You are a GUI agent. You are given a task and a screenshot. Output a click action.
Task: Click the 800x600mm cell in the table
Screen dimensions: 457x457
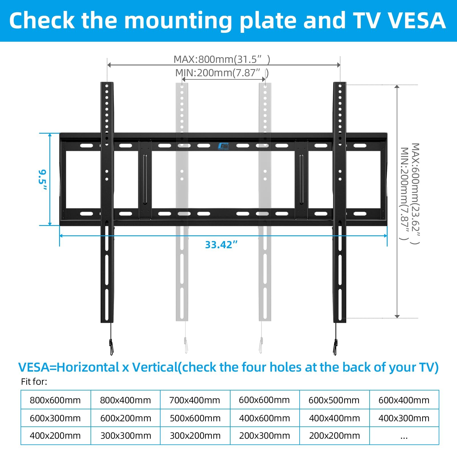click(x=55, y=400)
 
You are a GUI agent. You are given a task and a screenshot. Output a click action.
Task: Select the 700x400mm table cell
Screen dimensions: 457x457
click(x=195, y=400)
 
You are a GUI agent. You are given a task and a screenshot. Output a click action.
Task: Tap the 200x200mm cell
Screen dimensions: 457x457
click(x=334, y=436)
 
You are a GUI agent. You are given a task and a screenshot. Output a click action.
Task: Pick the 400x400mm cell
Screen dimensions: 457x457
click(x=334, y=418)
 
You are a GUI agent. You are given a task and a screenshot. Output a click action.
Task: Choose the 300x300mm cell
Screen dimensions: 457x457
click(x=126, y=436)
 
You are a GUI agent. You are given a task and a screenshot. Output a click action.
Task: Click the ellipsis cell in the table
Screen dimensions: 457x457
click(x=404, y=436)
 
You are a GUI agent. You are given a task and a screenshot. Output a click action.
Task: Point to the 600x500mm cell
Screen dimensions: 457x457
click(x=334, y=400)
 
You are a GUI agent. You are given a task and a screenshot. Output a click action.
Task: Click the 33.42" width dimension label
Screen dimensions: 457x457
click(x=221, y=245)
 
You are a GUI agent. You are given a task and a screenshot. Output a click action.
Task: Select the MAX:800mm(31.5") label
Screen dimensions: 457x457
click(x=222, y=59)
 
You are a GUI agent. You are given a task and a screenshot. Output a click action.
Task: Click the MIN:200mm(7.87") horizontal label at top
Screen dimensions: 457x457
click(x=222, y=73)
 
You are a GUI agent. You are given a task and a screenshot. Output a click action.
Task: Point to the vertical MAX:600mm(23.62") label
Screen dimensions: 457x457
click(x=415, y=194)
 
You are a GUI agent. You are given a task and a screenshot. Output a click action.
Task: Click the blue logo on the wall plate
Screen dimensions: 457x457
click(x=223, y=146)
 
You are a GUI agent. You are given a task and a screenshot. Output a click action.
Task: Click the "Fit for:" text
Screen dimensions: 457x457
click(x=34, y=382)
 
